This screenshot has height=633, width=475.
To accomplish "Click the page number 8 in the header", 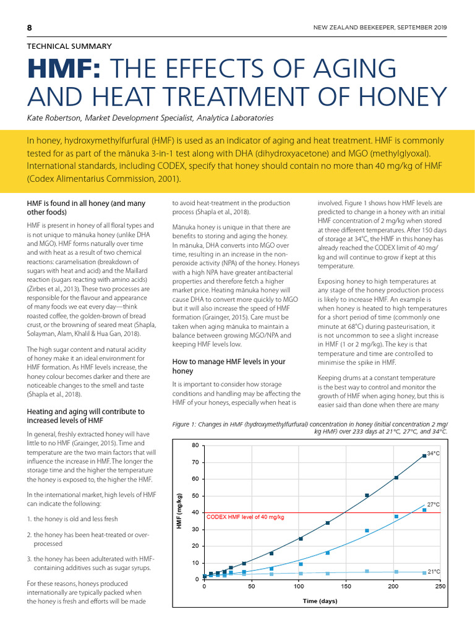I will (x=29, y=28).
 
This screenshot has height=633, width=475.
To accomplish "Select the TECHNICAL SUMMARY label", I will (x=69, y=46).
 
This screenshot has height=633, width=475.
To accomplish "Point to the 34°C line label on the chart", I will (x=433, y=453).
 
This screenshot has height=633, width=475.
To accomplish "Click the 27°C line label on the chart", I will (x=433, y=504).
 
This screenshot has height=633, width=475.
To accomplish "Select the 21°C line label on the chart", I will (x=433, y=572).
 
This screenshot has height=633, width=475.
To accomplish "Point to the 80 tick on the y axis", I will (x=195, y=446).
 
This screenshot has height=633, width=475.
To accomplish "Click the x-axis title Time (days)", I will (x=320, y=601).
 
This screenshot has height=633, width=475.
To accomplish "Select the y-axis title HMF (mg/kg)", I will (x=179, y=511).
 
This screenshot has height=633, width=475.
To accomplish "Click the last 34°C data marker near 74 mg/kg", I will (x=424, y=456).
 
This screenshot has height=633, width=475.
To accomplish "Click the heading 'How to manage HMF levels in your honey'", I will (x=228, y=365).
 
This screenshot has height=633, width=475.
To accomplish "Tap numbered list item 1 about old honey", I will (x=75, y=519).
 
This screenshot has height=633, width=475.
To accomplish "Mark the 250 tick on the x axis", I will (x=440, y=587).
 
